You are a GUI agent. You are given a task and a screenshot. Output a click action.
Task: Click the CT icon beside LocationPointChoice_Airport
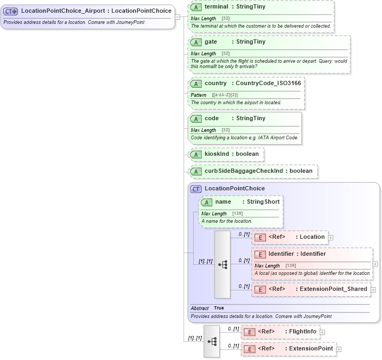11,11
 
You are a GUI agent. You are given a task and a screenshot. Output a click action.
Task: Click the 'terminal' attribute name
217,7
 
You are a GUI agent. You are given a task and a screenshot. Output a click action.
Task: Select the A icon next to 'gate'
196,42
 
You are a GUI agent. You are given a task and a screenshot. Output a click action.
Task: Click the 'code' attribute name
212,119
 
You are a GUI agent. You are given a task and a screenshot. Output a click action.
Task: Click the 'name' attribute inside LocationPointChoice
223,202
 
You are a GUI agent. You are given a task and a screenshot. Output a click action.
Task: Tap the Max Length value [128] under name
237,214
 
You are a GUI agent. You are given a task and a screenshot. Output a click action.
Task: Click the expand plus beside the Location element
331,237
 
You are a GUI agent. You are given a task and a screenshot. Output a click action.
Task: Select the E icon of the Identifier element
260,254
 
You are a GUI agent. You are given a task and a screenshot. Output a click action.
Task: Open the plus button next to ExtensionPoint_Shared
373,290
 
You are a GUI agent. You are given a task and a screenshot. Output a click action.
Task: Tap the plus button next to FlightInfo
322,332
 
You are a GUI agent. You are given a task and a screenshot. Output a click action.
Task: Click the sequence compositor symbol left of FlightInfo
211,341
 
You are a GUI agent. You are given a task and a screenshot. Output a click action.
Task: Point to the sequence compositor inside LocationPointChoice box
222,264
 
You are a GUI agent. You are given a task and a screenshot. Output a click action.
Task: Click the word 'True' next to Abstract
219,308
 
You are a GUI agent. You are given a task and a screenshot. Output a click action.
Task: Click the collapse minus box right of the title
178,16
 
